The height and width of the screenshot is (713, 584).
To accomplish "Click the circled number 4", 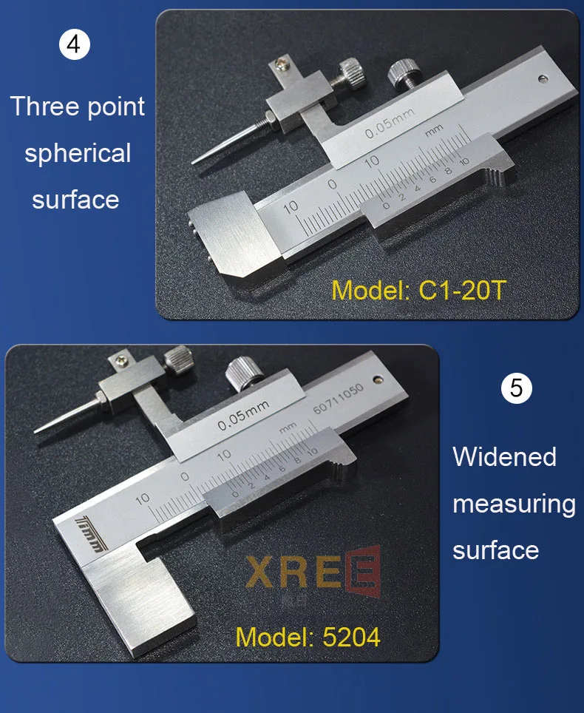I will [x=74, y=45].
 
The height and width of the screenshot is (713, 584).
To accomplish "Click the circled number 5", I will [x=516, y=389].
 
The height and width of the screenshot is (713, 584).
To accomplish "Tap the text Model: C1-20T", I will [x=418, y=290].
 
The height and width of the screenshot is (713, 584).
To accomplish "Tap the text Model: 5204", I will [x=308, y=636].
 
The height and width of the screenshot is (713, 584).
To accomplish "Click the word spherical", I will [x=78, y=153].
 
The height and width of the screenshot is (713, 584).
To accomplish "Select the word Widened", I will [x=504, y=456].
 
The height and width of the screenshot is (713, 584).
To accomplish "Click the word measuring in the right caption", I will [x=514, y=504].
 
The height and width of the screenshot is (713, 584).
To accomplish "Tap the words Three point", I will [x=78, y=107].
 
